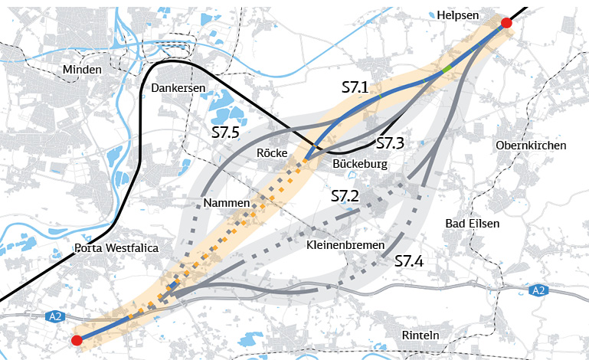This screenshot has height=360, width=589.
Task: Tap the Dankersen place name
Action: [178, 88]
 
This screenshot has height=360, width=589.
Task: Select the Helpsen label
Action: [456, 15]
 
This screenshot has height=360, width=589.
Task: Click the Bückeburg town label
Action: [361, 164]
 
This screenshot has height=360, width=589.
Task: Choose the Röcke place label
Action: [272, 153]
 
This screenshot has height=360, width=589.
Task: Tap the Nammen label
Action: [227, 202]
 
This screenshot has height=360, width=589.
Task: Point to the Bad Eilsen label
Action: [472, 224]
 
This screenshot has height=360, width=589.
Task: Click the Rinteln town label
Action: [420, 335]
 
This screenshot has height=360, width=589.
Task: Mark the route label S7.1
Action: [355, 88]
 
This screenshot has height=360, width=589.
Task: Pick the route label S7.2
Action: [345, 196]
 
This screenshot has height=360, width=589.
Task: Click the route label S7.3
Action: [390, 143]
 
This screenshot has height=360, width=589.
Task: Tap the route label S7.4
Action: [409, 261]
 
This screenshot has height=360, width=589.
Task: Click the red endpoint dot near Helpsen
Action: [506, 24]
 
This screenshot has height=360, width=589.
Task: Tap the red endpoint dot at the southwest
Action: [76, 340]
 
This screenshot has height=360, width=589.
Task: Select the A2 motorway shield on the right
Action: [538, 290]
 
